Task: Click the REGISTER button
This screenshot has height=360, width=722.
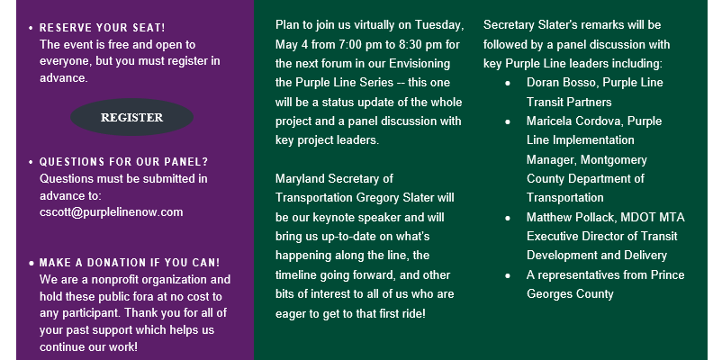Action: point(131,117)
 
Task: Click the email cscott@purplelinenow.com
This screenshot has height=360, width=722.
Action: point(112,212)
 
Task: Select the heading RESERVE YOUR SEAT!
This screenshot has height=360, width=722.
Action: point(103,28)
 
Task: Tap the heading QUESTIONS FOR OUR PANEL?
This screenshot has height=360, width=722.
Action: point(124,162)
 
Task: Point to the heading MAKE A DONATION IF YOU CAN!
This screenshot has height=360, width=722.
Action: point(130,263)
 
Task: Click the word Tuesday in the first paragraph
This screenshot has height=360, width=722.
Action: point(438,25)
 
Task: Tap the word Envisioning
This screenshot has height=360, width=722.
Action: point(420,64)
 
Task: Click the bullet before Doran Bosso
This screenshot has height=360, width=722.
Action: point(508,84)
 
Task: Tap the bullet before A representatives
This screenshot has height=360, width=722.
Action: point(508,275)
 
